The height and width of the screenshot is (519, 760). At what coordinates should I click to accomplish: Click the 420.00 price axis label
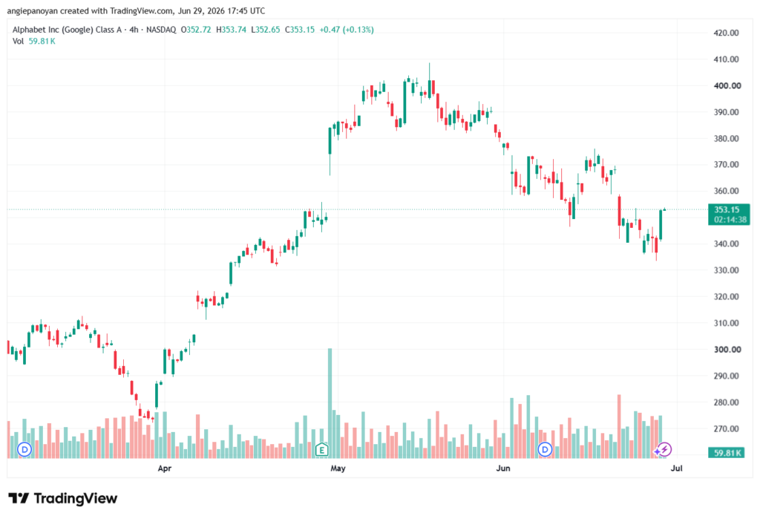click(x=726, y=33)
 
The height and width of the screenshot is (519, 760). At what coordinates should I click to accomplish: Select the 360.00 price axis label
click(x=726, y=191)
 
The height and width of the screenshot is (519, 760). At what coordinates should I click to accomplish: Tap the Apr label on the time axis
click(x=165, y=468)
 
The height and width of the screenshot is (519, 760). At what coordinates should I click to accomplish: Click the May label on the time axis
click(x=338, y=468)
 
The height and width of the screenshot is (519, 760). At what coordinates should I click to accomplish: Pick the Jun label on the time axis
click(x=503, y=468)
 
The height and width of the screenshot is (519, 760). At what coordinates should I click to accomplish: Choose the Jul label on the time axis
click(x=676, y=468)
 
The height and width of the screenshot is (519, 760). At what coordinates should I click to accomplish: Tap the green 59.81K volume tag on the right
click(x=726, y=453)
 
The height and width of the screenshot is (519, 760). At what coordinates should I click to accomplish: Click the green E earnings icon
click(x=321, y=450)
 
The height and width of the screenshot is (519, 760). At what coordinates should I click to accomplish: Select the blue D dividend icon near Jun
click(x=545, y=450)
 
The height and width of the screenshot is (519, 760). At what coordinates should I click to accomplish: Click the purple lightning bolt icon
click(x=664, y=450)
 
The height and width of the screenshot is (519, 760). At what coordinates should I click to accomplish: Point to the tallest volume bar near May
click(x=330, y=403)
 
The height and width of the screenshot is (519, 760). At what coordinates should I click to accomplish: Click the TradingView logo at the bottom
click(x=63, y=498)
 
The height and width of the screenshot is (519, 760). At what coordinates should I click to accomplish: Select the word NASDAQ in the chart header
click(x=161, y=30)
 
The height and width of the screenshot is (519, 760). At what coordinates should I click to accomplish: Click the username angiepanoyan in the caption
click(x=32, y=10)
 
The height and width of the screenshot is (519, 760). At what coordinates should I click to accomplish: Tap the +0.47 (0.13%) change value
click(x=347, y=30)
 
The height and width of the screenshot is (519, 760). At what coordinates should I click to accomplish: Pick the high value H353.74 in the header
click(x=232, y=30)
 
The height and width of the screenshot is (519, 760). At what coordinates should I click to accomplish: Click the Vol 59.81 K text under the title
click(x=34, y=42)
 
